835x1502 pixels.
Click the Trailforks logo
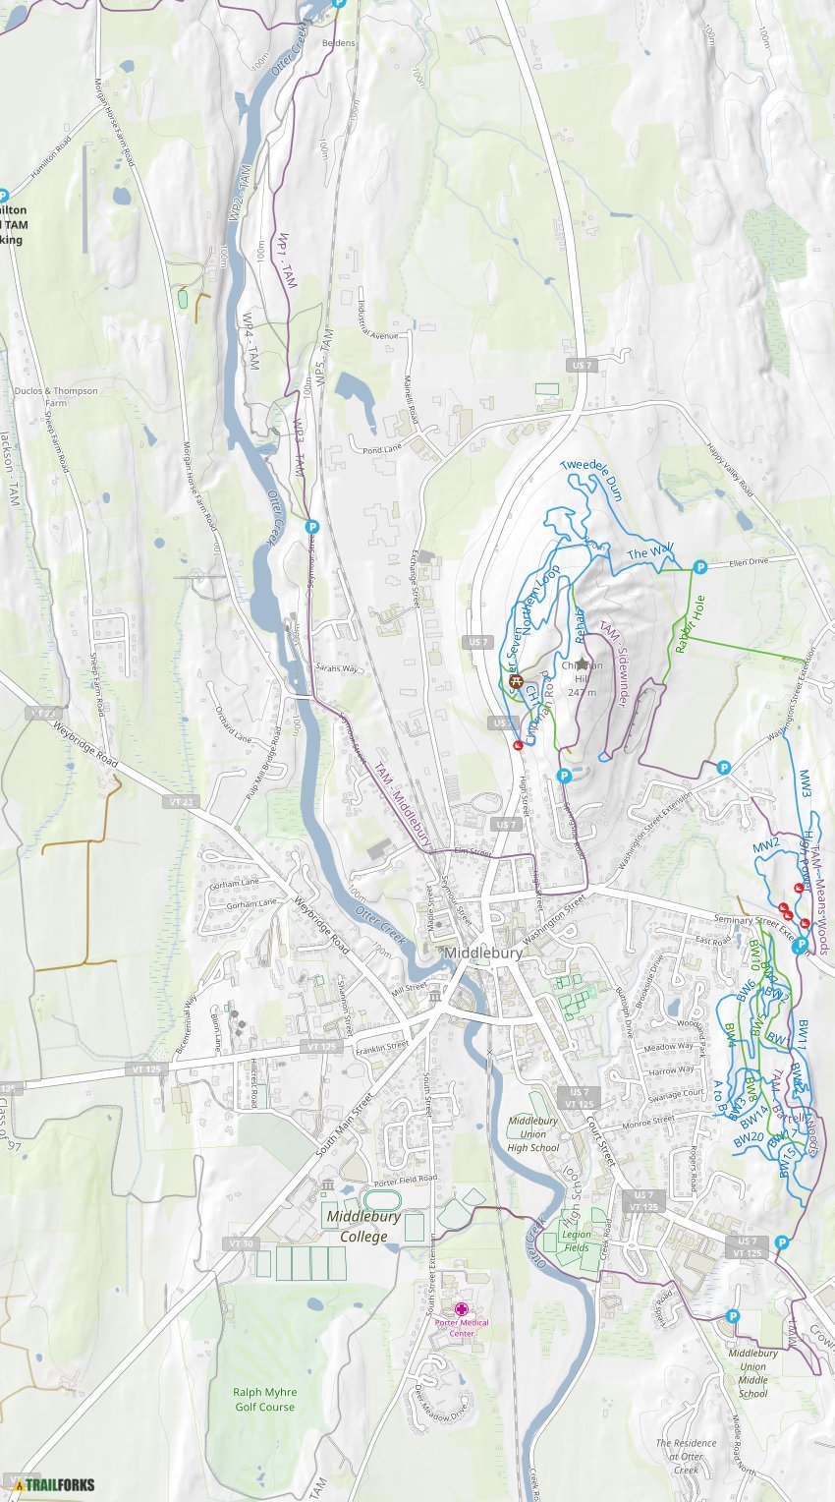(x=48, y=1484)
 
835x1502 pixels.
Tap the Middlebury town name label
(x=481, y=953)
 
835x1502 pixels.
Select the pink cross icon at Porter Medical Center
(x=462, y=1309)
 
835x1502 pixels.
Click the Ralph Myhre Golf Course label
(x=264, y=1399)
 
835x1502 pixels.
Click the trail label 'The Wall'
(x=650, y=553)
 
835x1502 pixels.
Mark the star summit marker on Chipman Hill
(x=582, y=664)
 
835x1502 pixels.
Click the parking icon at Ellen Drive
(x=700, y=566)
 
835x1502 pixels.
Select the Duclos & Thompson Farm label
(x=56, y=396)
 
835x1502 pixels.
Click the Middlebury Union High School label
(x=532, y=1133)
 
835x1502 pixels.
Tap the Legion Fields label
(x=577, y=1241)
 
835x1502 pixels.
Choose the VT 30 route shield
(x=241, y=1243)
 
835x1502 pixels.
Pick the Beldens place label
(x=340, y=44)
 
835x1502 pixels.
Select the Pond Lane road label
(x=382, y=449)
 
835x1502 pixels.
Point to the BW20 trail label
(x=749, y=1137)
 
